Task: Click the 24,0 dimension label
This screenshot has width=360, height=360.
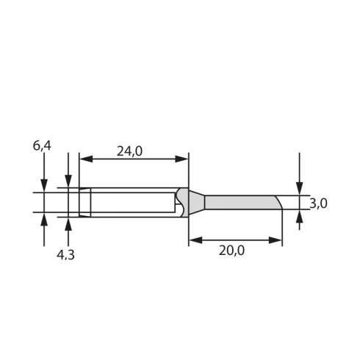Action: click(129, 151)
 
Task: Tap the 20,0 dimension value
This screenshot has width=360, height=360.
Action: click(231, 251)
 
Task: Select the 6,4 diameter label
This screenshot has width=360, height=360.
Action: click(42, 146)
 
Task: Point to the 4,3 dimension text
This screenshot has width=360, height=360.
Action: click(65, 255)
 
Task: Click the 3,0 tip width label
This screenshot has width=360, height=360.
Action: click(318, 204)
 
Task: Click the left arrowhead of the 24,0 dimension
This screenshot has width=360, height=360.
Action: click(86, 159)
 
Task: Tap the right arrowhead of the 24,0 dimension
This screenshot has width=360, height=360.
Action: click(181, 159)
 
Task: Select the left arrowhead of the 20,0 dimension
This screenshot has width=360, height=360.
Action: click(195, 240)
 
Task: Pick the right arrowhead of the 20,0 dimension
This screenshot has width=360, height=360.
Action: click(276, 240)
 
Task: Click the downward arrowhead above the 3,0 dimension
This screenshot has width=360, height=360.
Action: click(299, 189)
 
